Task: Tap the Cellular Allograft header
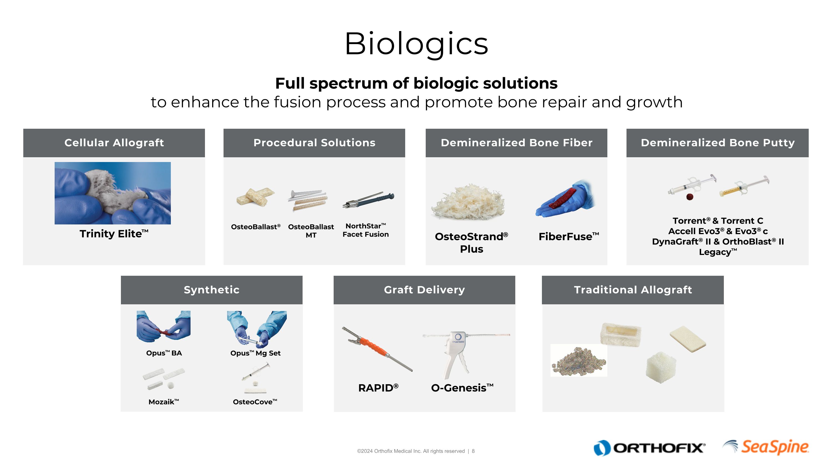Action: pyautogui.click(x=114, y=143)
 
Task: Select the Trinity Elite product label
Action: pyautogui.click(x=114, y=234)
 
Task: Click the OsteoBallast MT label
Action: pyautogui.click(x=311, y=231)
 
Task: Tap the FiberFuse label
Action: pyautogui.click(x=569, y=236)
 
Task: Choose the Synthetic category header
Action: pyautogui.click(x=212, y=290)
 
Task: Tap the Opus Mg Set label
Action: pyautogui.click(x=255, y=353)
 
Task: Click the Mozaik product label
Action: pyautogui.click(x=163, y=402)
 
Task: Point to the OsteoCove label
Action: pyautogui.click(x=255, y=402)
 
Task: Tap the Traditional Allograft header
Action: pyautogui.click(x=633, y=290)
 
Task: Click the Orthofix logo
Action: pyautogui.click(x=649, y=448)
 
